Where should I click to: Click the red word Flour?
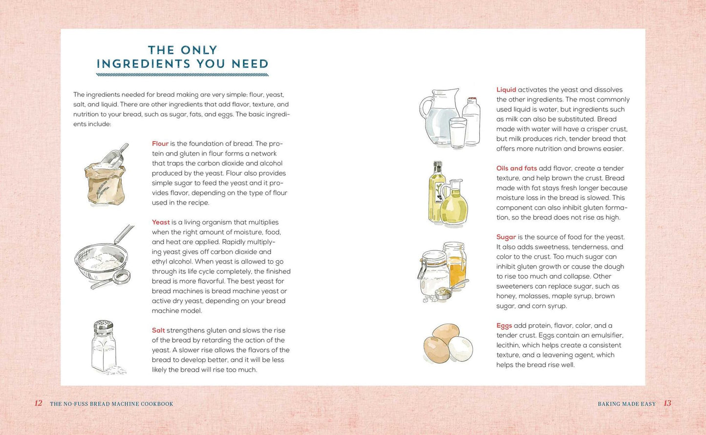(x=160, y=144)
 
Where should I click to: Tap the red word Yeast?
(x=161, y=223)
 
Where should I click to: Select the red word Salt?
(x=158, y=331)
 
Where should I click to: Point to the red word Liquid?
(x=506, y=90)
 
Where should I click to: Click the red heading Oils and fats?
(x=516, y=168)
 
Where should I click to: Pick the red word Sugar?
(x=506, y=237)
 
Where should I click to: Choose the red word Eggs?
(x=504, y=326)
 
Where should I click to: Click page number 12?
(x=39, y=403)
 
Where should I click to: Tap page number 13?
(x=667, y=403)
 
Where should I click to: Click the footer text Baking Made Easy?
(x=626, y=404)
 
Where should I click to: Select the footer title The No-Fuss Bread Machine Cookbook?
(x=111, y=404)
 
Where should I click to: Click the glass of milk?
(x=458, y=133)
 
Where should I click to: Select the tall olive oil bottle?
(x=436, y=192)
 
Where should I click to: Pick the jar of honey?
(x=455, y=264)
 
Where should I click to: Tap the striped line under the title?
(x=183, y=75)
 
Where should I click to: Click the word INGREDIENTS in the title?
(x=144, y=64)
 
